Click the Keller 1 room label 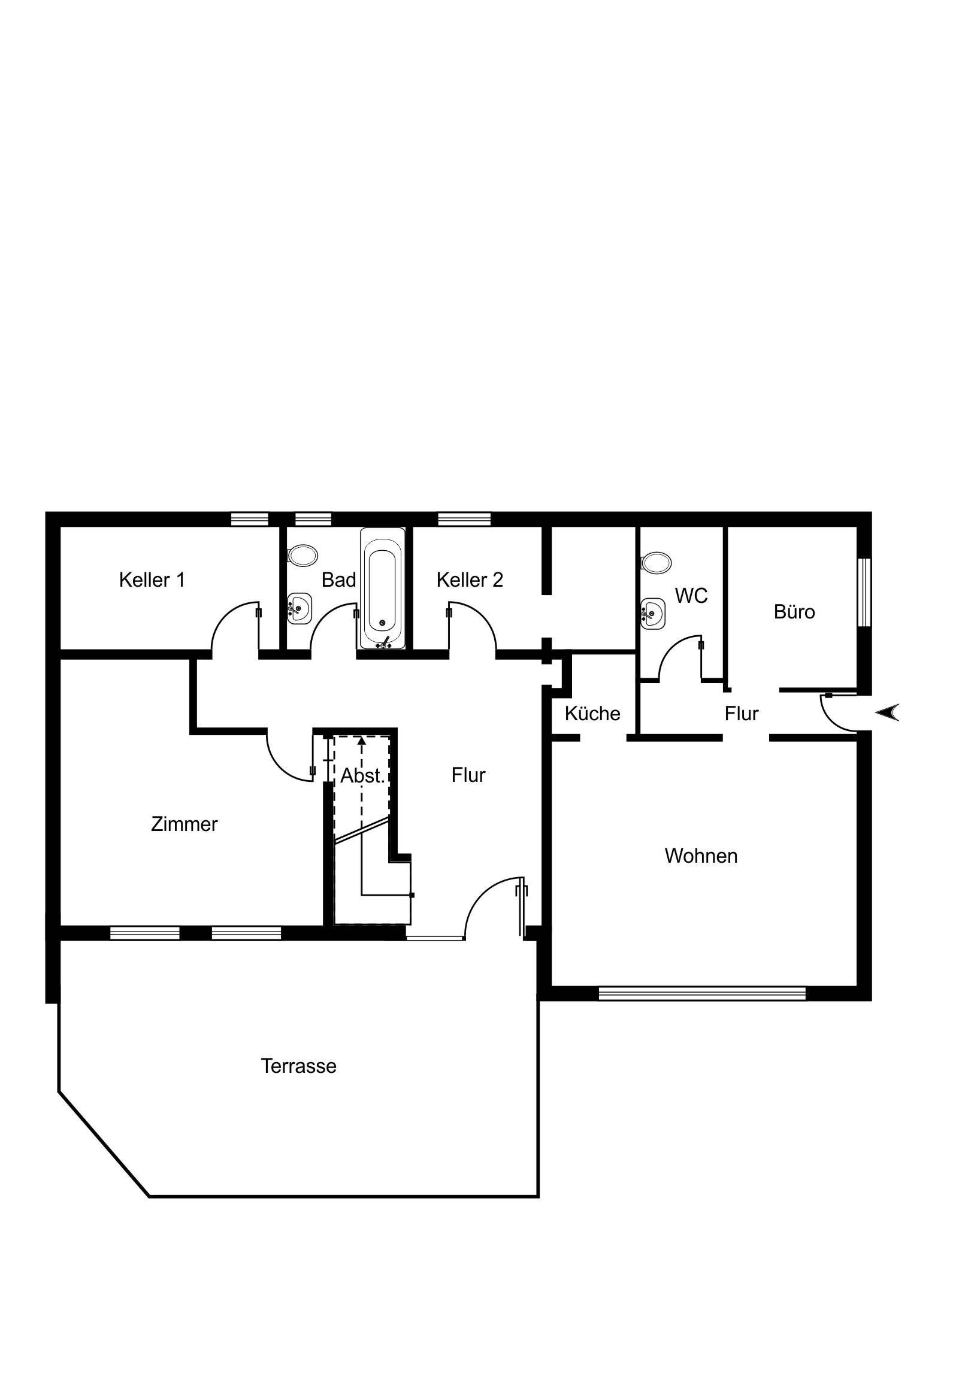point(152,580)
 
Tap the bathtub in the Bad point(382,589)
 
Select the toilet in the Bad point(303,556)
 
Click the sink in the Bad point(300,609)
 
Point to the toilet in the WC point(656,563)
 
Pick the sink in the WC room point(653,614)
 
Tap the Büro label point(794,612)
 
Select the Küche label point(592,714)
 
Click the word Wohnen point(701,856)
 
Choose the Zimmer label point(184,824)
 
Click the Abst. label point(362,776)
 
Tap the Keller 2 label point(470,580)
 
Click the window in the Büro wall point(864,593)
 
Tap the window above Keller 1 point(250,519)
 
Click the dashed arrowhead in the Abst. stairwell point(361,741)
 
